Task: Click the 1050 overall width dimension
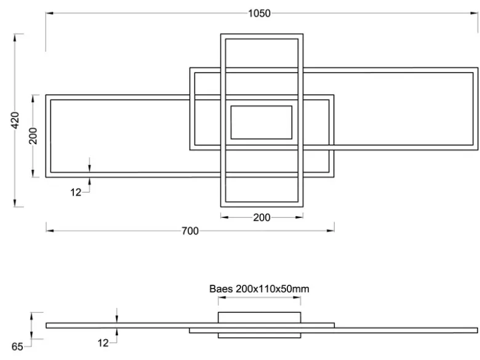(x=259, y=14)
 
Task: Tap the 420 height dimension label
(x=15, y=120)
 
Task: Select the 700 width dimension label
(x=190, y=231)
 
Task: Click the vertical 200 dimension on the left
(x=33, y=136)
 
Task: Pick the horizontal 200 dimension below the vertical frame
(x=262, y=217)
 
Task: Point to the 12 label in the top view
(x=76, y=192)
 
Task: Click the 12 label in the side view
(x=103, y=343)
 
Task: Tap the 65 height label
(x=17, y=346)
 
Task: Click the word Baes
(x=221, y=289)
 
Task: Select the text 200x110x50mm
(x=273, y=289)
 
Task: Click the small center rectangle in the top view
(x=262, y=122)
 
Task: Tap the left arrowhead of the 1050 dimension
(x=50, y=13)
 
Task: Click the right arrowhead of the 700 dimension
(x=330, y=231)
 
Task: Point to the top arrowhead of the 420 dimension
(x=15, y=38)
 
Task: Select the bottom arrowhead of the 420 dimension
(x=15, y=202)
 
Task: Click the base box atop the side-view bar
(x=259, y=318)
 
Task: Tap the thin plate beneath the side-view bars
(x=259, y=335)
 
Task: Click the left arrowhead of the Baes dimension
(x=222, y=297)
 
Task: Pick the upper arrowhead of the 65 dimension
(x=31, y=316)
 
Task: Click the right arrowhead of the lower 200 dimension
(x=300, y=217)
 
